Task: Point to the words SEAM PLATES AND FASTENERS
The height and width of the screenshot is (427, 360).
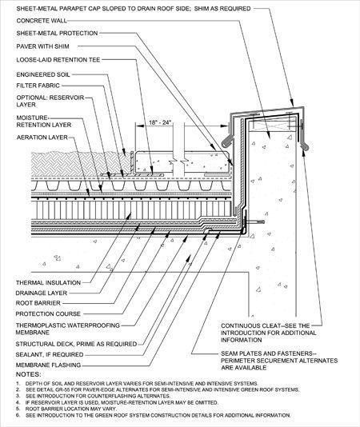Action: (x=269, y=353)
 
